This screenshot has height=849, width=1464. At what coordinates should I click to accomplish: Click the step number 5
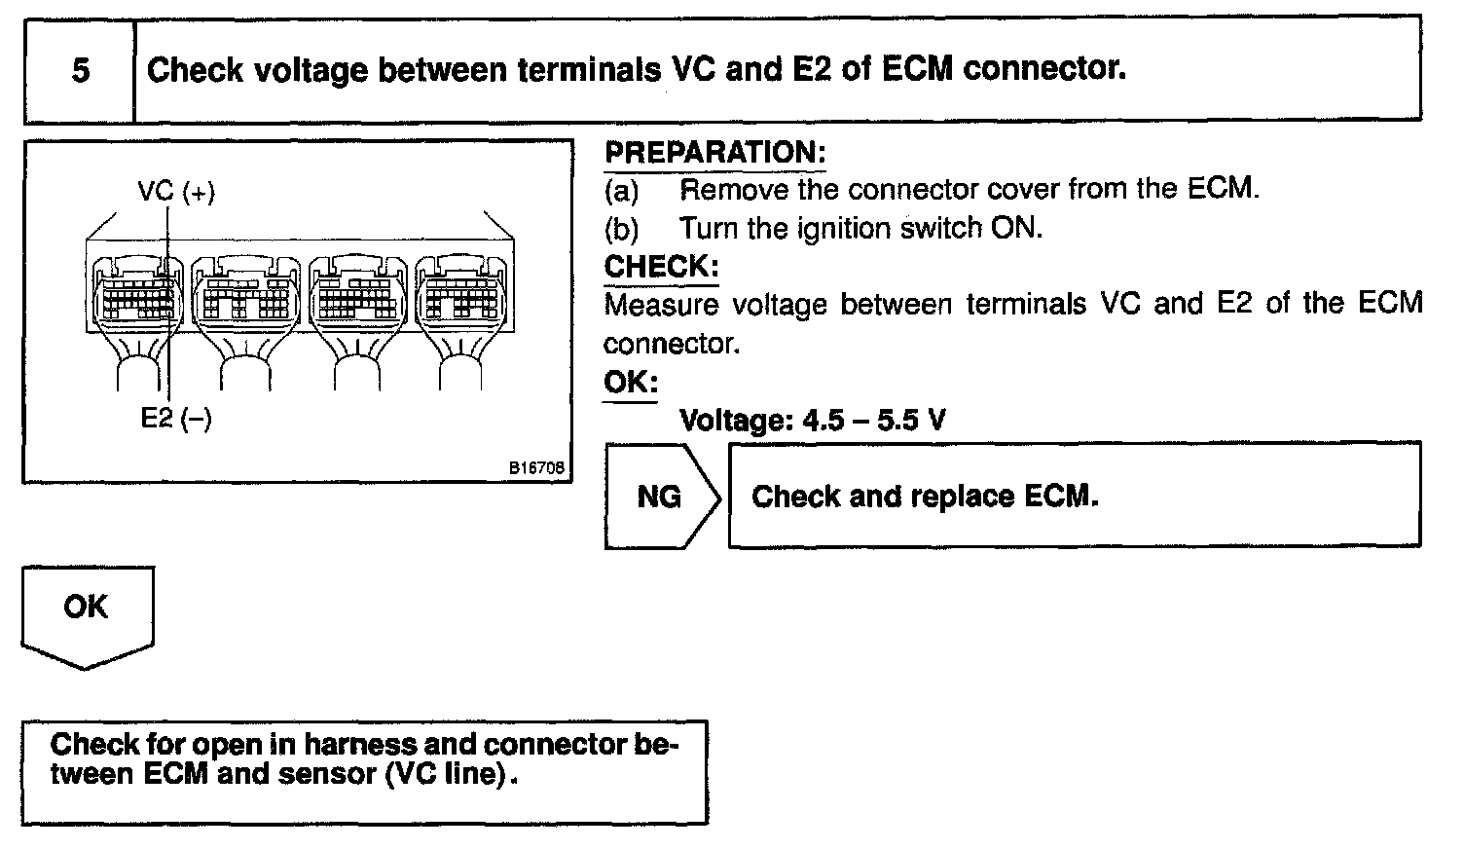81,70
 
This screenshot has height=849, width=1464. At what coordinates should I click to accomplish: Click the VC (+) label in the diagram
176,192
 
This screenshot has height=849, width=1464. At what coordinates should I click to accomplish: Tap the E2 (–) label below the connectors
176,418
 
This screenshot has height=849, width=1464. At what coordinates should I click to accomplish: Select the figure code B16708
535,468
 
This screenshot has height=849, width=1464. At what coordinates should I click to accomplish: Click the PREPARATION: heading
714,153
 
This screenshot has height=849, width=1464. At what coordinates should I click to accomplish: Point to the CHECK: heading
661,266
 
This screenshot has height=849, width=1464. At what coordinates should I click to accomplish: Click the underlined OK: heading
630,382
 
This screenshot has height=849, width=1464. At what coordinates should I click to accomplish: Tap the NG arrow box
659,497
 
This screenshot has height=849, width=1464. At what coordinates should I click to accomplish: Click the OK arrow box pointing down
87,612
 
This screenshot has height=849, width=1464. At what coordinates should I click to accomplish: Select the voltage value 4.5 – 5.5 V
872,421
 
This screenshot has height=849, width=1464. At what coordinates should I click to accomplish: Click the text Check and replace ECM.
925,497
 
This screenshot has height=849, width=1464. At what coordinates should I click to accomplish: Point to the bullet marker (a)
621,189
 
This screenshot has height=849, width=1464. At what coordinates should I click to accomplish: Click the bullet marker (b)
621,229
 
